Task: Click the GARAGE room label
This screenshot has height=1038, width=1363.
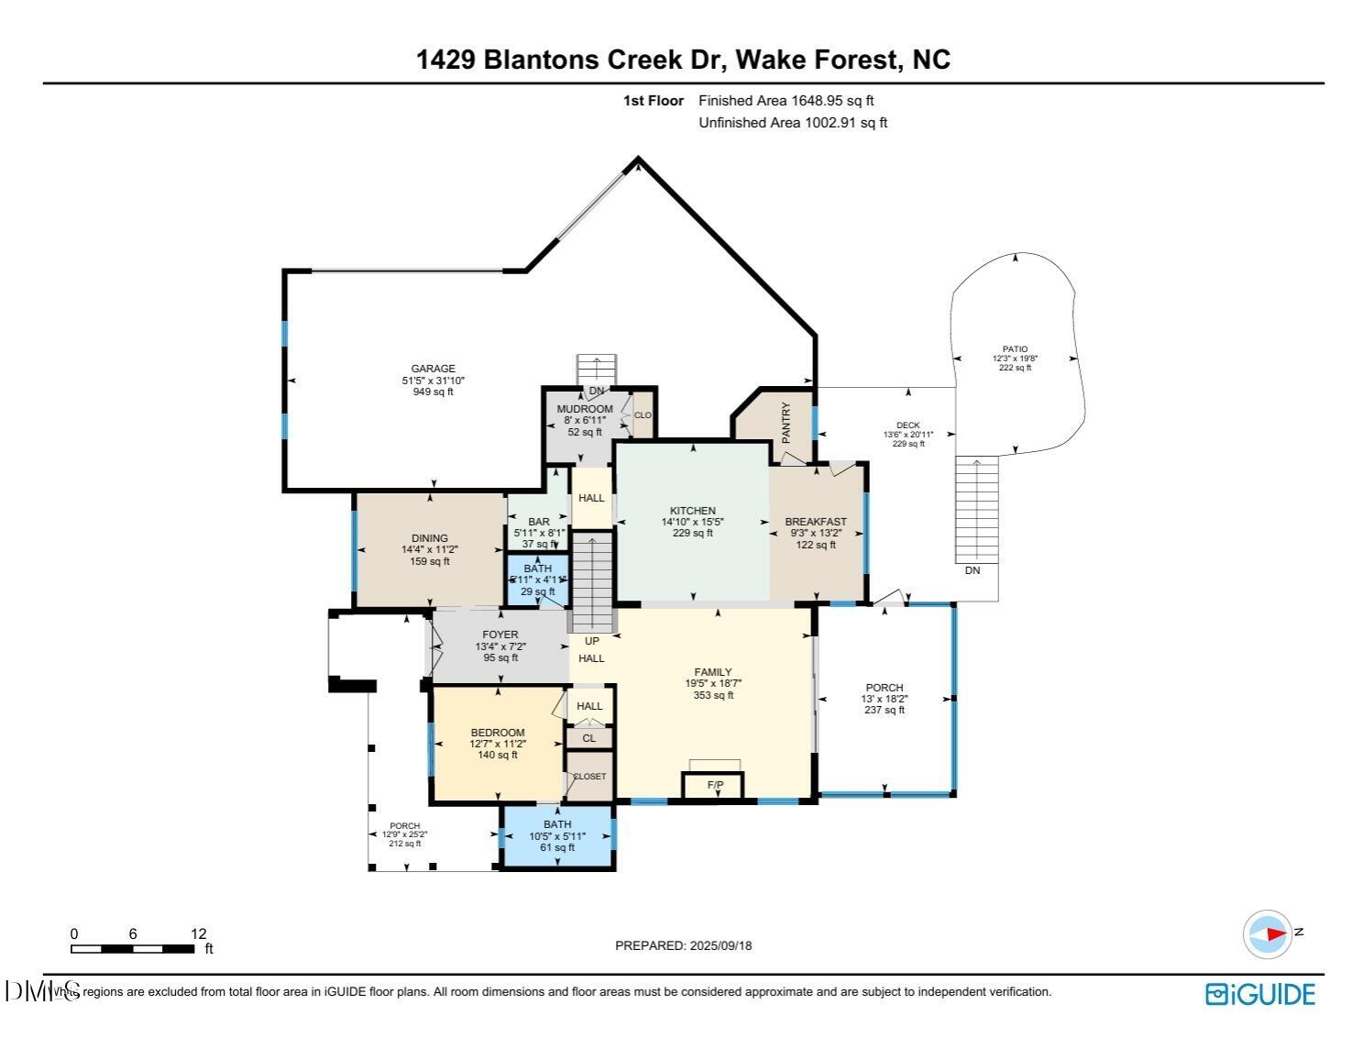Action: pyautogui.click(x=433, y=369)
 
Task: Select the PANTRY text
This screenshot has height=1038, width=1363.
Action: pyautogui.click(x=786, y=423)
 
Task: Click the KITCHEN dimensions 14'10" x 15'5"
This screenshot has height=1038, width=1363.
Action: pyautogui.click(x=692, y=522)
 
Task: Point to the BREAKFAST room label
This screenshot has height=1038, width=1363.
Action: pyautogui.click(x=816, y=522)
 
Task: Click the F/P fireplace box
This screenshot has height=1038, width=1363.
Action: pyautogui.click(x=714, y=786)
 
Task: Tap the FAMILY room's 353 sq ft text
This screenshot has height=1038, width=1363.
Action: pyautogui.click(x=712, y=695)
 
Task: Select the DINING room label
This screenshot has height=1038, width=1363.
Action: pyautogui.click(x=429, y=538)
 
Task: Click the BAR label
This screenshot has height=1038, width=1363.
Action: pyautogui.click(x=538, y=522)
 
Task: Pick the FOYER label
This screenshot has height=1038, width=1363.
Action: pyautogui.click(x=500, y=635)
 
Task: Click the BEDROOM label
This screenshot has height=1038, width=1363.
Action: pyautogui.click(x=497, y=733)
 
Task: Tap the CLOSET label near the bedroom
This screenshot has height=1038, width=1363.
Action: pyautogui.click(x=589, y=777)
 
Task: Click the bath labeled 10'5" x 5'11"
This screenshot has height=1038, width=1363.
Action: pyautogui.click(x=556, y=836)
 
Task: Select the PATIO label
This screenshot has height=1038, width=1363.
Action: pyautogui.click(x=1015, y=349)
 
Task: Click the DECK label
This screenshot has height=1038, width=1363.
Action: pyautogui.click(x=907, y=425)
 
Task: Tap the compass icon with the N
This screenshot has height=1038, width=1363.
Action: pyautogui.click(x=1268, y=934)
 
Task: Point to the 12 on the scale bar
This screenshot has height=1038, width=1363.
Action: pyautogui.click(x=198, y=933)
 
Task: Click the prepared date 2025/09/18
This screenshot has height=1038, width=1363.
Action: pyautogui.click(x=720, y=945)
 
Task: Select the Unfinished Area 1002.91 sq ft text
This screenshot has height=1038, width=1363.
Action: pyautogui.click(x=793, y=123)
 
